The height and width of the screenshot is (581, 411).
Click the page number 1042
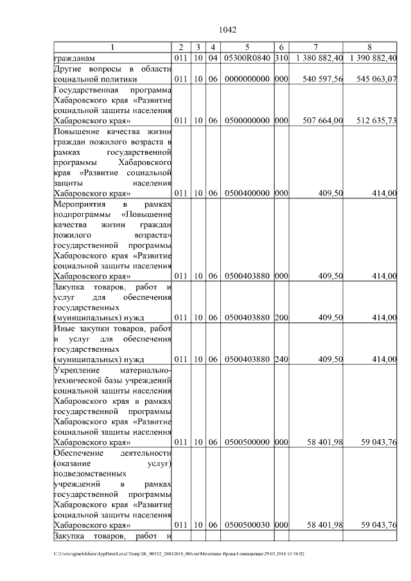[x=228, y=30]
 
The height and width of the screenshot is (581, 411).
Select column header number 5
[x=247, y=48]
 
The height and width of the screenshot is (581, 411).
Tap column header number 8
[x=369, y=48]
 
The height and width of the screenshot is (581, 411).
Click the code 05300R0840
[x=247, y=58]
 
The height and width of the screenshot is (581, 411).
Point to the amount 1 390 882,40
[x=373, y=58]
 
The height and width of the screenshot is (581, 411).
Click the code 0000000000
[x=247, y=79]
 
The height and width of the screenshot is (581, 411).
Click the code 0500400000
[x=247, y=193]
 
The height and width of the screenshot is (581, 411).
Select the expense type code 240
[x=281, y=359]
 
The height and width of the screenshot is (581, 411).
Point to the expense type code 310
[x=281, y=58]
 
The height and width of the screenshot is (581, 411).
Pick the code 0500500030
[x=247, y=525]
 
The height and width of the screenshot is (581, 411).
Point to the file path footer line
[x=179, y=553]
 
